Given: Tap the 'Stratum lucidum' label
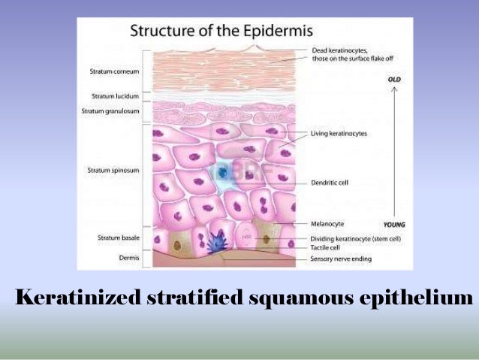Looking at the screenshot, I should coord(113,96).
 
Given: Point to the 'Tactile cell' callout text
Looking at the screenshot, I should coord(326,245).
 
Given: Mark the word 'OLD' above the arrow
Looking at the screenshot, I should coord(394,78).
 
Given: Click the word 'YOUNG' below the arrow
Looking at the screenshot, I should coord(395,224).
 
